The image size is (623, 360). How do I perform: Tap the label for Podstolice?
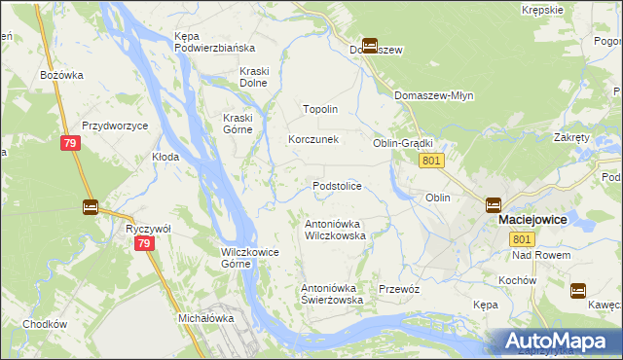(337, 186)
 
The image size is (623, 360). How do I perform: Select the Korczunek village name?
(312, 139)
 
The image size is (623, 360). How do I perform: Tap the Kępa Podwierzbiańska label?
(214, 42)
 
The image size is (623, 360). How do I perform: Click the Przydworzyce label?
(115, 126)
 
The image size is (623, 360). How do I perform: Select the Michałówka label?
(206, 318)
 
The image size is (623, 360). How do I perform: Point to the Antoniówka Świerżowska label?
(332, 294)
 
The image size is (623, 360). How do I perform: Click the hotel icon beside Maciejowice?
(494, 205)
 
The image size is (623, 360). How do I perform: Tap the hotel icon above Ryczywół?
(91, 206)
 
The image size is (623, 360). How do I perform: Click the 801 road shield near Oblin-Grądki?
(434, 161)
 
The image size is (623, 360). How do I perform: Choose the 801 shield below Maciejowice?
(523, 239)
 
